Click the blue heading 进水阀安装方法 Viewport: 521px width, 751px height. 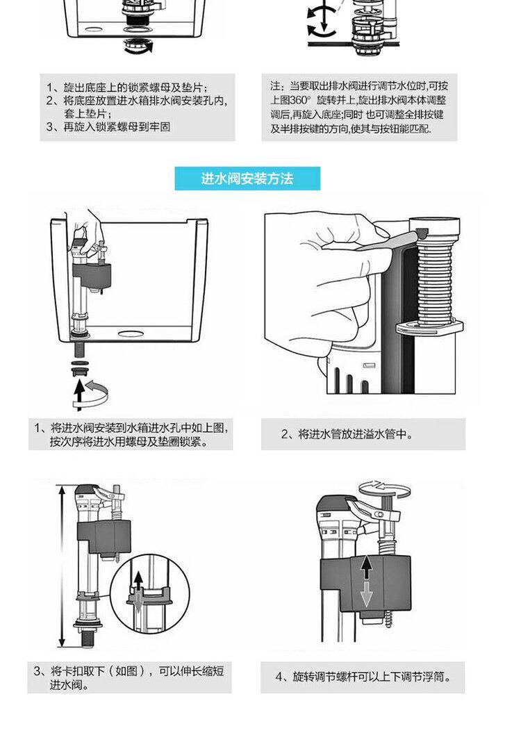click(247, 179)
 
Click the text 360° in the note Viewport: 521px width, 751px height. click(301, 99)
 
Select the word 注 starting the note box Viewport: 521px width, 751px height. click(275, 86)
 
